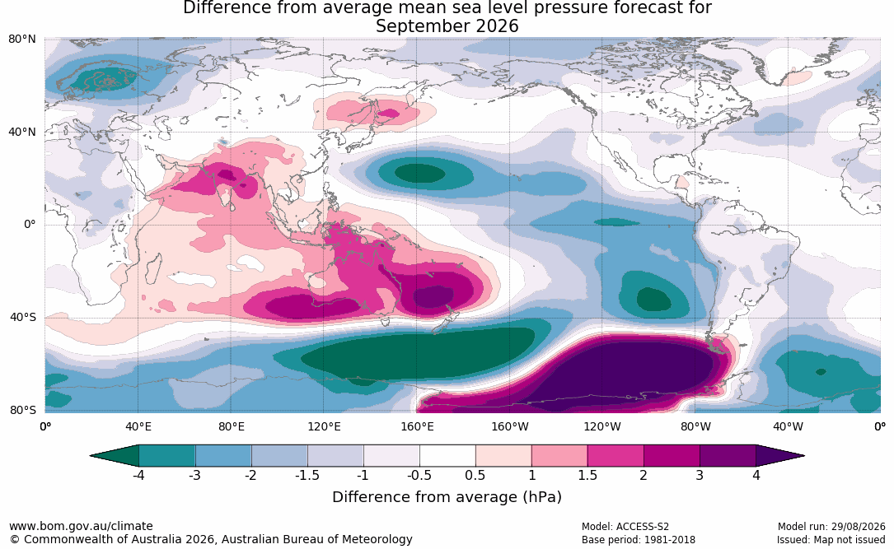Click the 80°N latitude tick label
point(21,40)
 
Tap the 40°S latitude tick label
point(23,317)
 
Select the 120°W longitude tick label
point(602,426)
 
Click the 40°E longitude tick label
point(138,426)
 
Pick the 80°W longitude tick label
point(695,426)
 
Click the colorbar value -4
point(138,475)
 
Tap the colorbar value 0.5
point(475,475)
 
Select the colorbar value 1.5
point(587,475)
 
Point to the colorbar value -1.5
point(307,475)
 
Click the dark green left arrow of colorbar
point(115,456)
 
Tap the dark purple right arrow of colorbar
point(780,456)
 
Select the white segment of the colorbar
point(447,456)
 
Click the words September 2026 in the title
point(447,26)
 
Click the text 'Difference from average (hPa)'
point(447,497)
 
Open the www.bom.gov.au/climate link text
point(81,526)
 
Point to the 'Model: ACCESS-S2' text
point(625,527)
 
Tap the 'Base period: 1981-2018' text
point(639,540)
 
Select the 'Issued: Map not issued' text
point(831,540)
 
